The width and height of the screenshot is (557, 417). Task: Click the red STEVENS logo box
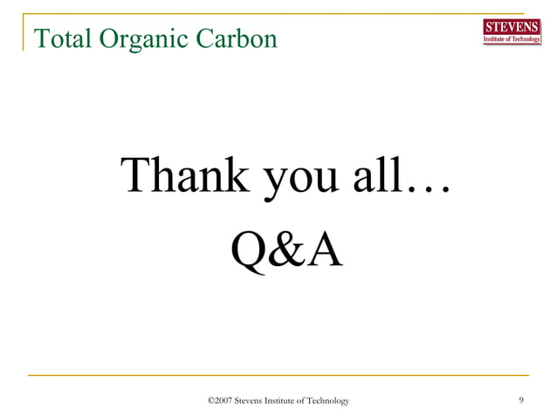pyautogui.click(x=512, y=26)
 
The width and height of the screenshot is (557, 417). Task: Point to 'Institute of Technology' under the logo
pyautogui.click(x=512, y=39)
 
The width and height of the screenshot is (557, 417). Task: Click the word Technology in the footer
pyautogui.click(x=330, y=400)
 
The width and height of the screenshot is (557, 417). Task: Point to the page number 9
pyautogui.click(x=521, y=400)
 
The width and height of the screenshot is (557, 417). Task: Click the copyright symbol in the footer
pyautogui.click(x=210, y=400)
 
